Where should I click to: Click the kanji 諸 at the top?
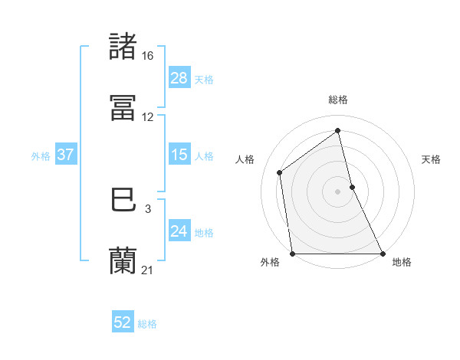pos(123,47)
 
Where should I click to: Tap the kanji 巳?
pos(123,201)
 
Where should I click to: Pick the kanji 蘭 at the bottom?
pos(123,261)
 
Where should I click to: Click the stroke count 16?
pos(148,56)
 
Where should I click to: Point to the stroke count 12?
pos(148,117)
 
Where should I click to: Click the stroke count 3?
pos(148,209)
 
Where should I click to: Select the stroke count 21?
pos(148,270)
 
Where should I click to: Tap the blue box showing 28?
pos(179,78)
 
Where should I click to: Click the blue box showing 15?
pos(179,155)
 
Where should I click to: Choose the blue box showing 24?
pos(179,231)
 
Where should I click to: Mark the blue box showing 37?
pos(65,155)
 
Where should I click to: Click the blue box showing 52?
pos(123,323)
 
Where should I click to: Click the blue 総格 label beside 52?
pos(147,324)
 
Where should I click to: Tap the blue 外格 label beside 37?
pos(41,155)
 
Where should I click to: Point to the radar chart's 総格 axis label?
pos(338,100)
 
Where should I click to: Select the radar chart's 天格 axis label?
pos(432,159)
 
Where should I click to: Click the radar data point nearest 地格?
pos(383,254)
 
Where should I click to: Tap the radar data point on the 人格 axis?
pos(280,172)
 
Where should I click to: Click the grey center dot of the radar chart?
pos(338,191)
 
